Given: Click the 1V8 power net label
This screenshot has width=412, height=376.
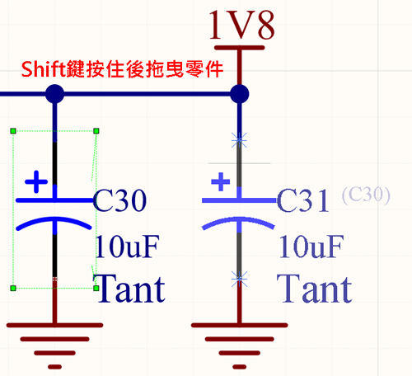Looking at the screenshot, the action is pyautogui.click(x=241, y=26).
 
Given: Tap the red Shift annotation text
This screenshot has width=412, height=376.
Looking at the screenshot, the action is pyautogui.click(x=122, y=69).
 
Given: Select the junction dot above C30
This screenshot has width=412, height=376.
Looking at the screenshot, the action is pyautogui.click(x=55, y=94).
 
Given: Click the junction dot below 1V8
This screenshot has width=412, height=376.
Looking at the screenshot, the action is pyautogui.click(x=240, y=94).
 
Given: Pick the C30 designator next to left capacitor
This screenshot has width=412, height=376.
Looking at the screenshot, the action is pyautogui.click(x=119, y=200).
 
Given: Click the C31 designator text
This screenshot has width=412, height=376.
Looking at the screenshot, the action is pyautogui.click(x=302, y=200).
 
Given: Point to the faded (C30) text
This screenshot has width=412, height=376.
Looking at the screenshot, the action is pyautogui.click(x=366, y=195).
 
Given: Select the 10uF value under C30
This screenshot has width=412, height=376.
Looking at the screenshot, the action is pyautogui.click(x=127, y=247).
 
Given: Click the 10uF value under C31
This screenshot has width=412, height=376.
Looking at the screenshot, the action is pyautogui.click(x=311, y=247).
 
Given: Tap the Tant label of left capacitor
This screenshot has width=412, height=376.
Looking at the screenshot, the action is pyautogui.click(x=129, y=289).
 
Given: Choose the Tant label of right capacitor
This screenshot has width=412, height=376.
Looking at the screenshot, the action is pyautogui.click(x=314, y=289).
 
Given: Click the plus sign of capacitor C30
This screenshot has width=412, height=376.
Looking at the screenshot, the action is pyautogui.click(x=36, y=181).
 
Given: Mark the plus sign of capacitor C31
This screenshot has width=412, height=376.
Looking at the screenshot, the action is pyautogui.click(x=221, y=181).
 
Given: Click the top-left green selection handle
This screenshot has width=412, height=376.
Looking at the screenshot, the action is pyautogui.click(x=13, y=131).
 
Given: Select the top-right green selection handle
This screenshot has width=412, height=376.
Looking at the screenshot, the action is pyautogui.click(x=96, y=131).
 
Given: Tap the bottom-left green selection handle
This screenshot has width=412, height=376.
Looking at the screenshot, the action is pyautogui.click(x=13, y=288).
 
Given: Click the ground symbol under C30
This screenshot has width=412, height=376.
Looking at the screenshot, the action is pyautogui.click(x=55, y=345).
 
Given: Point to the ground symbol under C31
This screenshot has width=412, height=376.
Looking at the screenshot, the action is pyautogui.click(x=240, y=345).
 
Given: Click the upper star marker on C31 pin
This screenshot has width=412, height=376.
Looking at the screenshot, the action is pyautogui.click(x=239, y=140).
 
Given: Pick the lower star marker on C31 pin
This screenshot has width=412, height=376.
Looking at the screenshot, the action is pyautogui.click(x=239, y=280).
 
